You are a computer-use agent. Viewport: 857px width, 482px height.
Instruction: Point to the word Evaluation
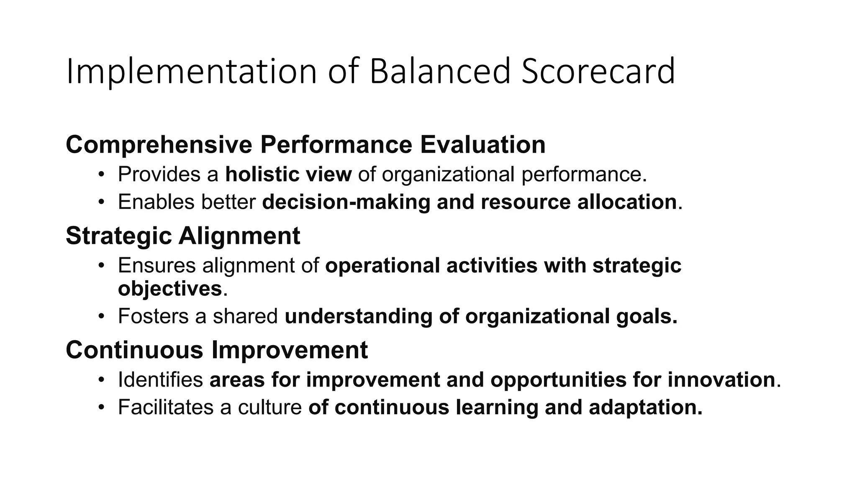pyautogui.click(x=482, y=145)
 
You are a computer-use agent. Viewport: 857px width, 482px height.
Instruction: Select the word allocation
pyautogui.click(x=627, y=202)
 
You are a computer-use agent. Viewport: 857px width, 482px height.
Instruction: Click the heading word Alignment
pyautogui.click(x=239, y=236)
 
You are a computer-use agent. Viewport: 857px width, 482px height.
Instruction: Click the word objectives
pyautogui.click(x=170, y=289)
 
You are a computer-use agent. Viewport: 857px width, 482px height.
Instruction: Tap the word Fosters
pyautogui.click(x=153, y=316)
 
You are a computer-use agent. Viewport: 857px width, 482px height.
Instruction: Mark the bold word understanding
pyautogui.click(x=358, y=316)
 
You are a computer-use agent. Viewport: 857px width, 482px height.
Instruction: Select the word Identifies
pyautogui.click(x=160, y=380)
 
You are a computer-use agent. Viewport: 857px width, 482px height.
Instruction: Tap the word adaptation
pyautogui.click(x=645, y=408)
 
